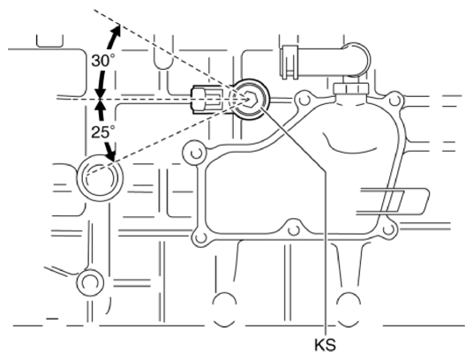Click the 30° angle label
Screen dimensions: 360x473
(102, 61)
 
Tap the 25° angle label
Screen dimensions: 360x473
(102, 132)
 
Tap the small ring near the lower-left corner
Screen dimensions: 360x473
(89, 284)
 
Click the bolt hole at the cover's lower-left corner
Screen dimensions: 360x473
(200, 236)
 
